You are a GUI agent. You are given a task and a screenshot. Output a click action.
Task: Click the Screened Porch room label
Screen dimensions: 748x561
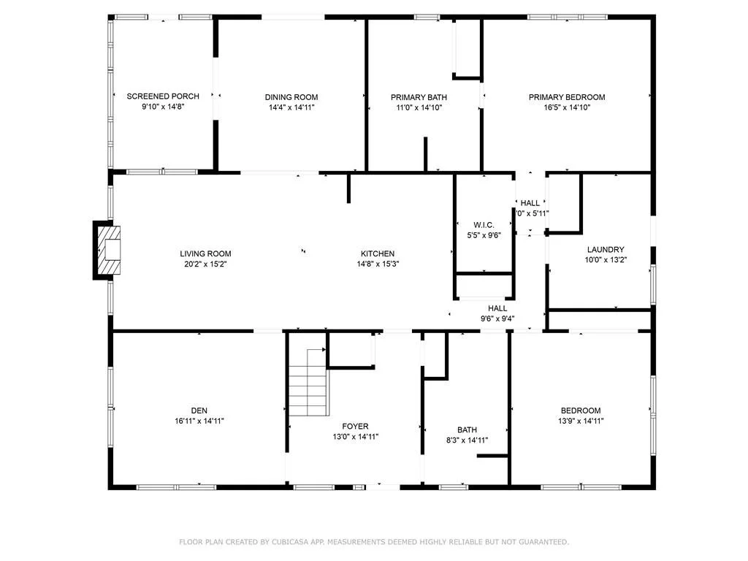click(163, 96)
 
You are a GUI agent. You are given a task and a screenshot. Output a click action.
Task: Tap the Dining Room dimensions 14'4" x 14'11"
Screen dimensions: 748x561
click(291, 107)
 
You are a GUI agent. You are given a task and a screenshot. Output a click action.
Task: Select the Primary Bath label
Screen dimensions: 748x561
click(419, 97)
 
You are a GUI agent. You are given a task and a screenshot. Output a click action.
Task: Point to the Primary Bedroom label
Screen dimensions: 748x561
click(567, 97)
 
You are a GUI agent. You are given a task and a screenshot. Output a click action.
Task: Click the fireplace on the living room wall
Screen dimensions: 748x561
click(107, 250)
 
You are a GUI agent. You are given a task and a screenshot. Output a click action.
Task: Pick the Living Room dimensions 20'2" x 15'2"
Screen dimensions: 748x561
click(205, 264)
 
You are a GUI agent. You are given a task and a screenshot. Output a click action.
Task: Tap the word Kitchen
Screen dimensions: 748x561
click(378, 253)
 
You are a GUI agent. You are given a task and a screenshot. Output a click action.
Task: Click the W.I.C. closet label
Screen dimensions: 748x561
click(484, 225)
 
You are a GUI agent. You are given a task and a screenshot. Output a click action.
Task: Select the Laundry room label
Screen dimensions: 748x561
click(606, 250)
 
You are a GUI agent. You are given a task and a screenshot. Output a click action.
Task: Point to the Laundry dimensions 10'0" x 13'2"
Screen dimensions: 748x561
click(606, 260)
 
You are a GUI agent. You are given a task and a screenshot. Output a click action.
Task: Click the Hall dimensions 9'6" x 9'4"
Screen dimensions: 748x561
click(497, 318)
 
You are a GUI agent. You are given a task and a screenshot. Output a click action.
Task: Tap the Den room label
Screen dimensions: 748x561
click(199, 411)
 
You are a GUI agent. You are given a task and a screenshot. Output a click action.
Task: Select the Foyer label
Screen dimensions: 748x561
click(355, 426)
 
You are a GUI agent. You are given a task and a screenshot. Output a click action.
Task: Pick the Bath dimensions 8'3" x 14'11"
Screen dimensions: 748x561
click(467, 440)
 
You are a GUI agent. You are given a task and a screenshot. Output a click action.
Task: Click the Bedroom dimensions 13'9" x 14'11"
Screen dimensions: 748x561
click(581, 421)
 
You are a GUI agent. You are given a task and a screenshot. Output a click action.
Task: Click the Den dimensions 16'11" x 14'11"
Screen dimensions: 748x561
click(199, 421)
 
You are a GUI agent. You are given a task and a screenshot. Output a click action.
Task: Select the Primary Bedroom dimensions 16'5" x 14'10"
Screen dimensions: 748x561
click(567, 107)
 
